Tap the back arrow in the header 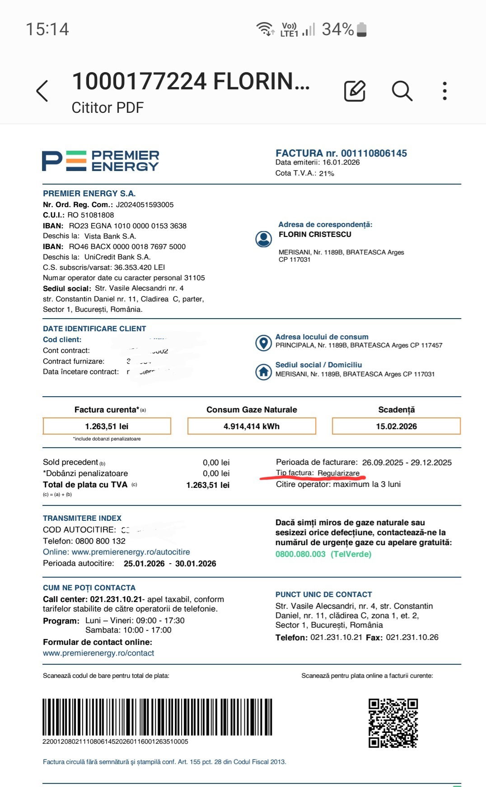(x=42, y=91)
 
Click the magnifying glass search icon (x=402, y=91)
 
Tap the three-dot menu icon (x=445, y=91)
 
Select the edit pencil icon (x=355, y=91)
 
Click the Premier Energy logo (x=100, y=161)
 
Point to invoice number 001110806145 (x=374, y=153)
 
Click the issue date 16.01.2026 (x=341, y=162)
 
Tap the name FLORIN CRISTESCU (x=315, y=235)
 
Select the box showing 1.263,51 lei (x=107, y=426)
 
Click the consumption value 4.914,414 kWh (x=252, y=426)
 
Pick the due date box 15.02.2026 (x=396, y=426)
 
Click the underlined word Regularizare (x=338, y=473)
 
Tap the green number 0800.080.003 (x=300, y=554)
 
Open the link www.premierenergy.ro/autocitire (x=131, y=552)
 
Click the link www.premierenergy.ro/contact (x=98, y=653)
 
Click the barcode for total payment (x=157, y=717)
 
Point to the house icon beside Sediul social (x=263, y=371)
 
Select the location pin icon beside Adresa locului (x=263, y=343)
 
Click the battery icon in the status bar (x=361, y=30)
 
